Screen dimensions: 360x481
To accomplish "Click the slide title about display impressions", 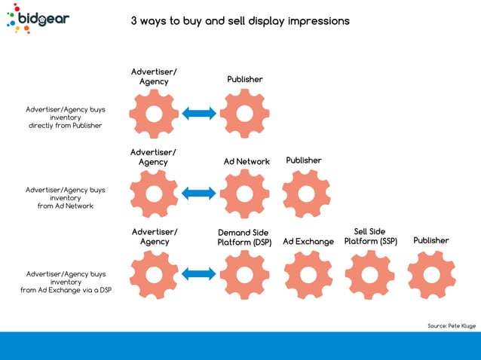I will [x=240, y=21].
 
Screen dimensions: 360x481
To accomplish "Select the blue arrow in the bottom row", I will [x=199, y=273].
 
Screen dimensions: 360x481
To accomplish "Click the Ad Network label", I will [x=247, y=161].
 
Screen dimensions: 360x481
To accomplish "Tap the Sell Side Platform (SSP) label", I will [x=370, y=236].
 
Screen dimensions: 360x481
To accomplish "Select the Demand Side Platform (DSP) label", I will [x=244, y=237].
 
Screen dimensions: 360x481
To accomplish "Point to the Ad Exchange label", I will [x=308, y=242].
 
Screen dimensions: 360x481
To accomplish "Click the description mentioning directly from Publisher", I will [x=65, y=117].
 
